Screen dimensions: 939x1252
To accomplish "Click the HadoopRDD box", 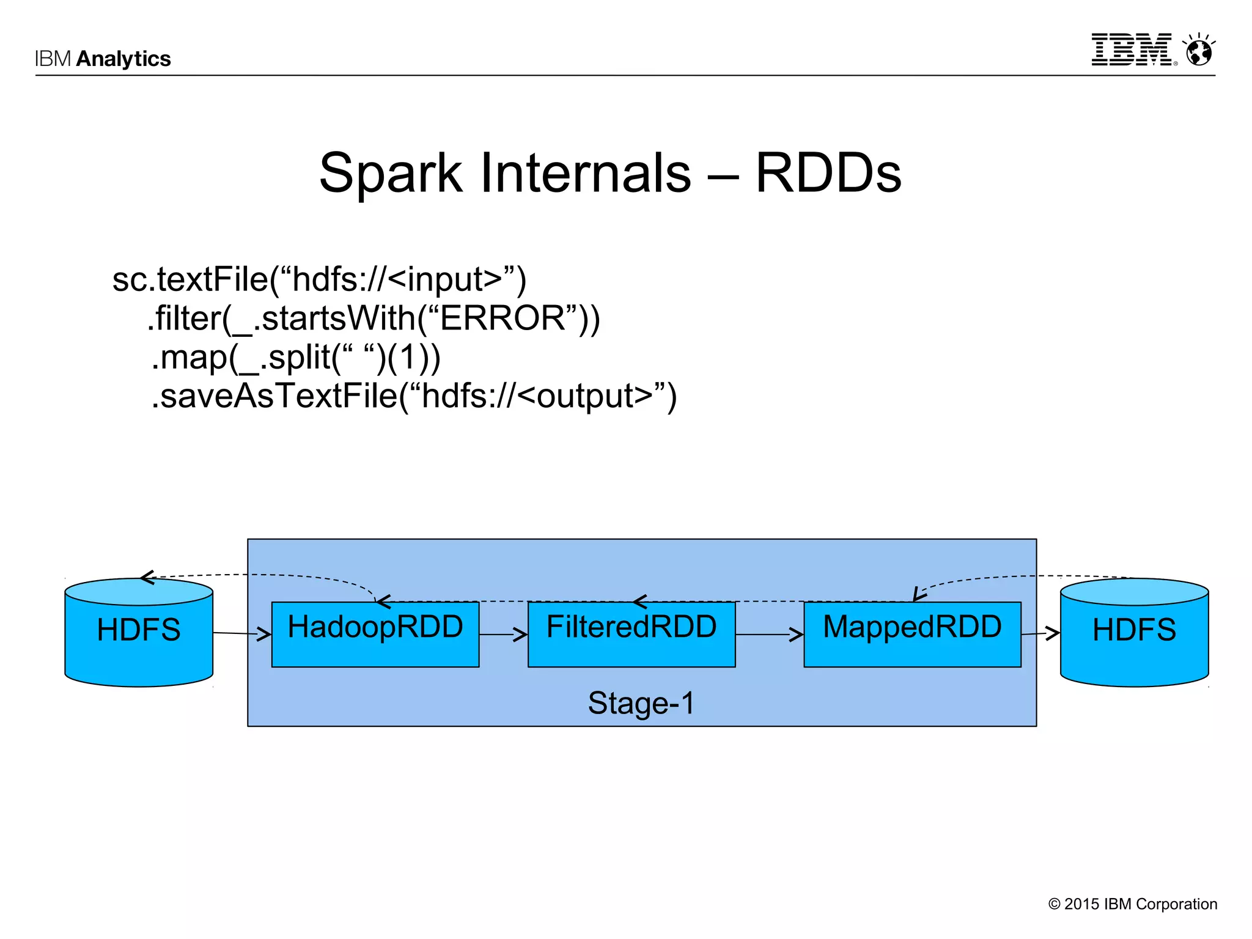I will (375, 634).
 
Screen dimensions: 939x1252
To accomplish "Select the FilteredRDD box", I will (631, 634).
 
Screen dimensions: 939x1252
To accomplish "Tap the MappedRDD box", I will (912, 634).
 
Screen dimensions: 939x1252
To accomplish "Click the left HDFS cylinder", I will (139, 633).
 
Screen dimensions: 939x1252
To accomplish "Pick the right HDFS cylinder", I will (1134, 633).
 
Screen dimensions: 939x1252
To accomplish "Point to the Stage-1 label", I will (641, 702).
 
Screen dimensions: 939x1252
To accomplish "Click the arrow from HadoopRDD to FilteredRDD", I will (503, 635).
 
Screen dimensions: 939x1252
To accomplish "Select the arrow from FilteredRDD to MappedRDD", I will (769, 635).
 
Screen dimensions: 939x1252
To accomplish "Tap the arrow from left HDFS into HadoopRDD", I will (242, 634).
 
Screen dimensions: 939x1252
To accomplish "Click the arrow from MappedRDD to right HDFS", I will (1040, 634).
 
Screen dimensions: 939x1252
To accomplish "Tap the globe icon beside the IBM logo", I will (1199, 50).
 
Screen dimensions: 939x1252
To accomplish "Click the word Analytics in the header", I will (123, 59).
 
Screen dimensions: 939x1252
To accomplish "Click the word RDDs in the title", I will (828, 173).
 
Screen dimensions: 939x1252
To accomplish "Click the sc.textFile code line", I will (319, 279).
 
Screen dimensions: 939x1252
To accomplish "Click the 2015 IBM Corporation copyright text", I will (1133, 904).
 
